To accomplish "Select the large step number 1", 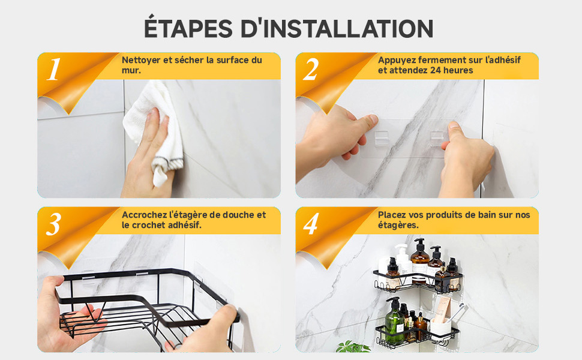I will pyautogui.click(x=54, y=70).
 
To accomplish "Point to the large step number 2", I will pyautogui.click(x=311, y=70).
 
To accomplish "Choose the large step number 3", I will pyautogui.click(x=54, y=224).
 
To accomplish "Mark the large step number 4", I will pyautogui.click(x=311, y=224).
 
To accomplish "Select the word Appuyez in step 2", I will pyautogui.click(x=397, y=60).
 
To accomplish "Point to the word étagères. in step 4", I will pyautogui.click(x=398, y=225).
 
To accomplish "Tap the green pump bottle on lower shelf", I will pyautogui.click(x=394, y=324).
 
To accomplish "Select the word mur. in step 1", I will pyautogui.click(x=131, y=70).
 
